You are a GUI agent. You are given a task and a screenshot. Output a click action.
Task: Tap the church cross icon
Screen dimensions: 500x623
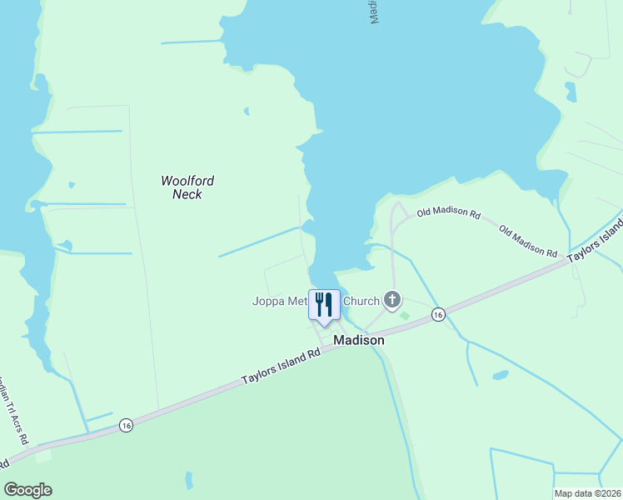[x=392, y=300]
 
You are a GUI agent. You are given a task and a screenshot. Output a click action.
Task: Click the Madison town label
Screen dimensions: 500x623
[x=359, y=340]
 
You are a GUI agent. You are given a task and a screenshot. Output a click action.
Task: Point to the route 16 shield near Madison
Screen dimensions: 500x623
[x=438, y=314]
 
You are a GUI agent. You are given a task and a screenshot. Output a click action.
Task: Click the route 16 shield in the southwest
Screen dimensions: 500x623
[x=126, y=424]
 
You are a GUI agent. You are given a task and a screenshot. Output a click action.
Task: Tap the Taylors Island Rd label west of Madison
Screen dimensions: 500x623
[x=282, y=366]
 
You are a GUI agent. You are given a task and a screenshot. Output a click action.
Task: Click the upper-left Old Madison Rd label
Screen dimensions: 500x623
[x=449, y=214]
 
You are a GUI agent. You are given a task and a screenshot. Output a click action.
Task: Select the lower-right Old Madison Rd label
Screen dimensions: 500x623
[x=528, y=240]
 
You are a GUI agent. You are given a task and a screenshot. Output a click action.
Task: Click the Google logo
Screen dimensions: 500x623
[x=27, y=490]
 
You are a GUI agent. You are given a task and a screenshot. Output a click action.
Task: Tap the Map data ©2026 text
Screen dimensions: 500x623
[x=587, y=493]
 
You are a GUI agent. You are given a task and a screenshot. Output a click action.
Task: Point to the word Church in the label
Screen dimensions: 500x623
[x=361, y=301]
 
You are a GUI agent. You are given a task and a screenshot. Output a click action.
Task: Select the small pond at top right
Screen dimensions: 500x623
[x=571, y=90]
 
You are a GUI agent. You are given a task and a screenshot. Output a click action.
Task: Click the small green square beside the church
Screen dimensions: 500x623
[x=405, y=315]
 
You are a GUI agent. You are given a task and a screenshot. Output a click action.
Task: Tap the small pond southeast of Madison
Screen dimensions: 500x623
[x=500, y=375]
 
